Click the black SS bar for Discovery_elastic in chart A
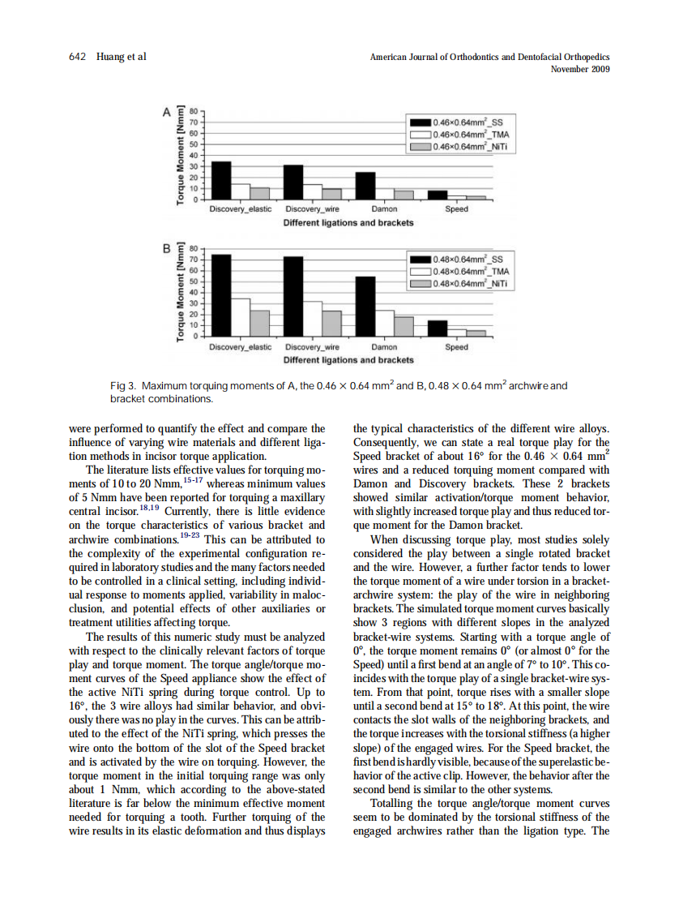click(221, 180)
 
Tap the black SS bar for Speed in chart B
click(438, 328)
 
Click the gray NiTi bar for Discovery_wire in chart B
click(331, 322)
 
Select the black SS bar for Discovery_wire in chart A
click(293, 182)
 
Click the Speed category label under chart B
click(456, 347)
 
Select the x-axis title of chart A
click(348, 222)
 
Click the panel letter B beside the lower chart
click(168, 247)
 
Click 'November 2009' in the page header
click(579, 69)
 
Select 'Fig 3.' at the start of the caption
click(123, 385)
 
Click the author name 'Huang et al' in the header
click(120, 57)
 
